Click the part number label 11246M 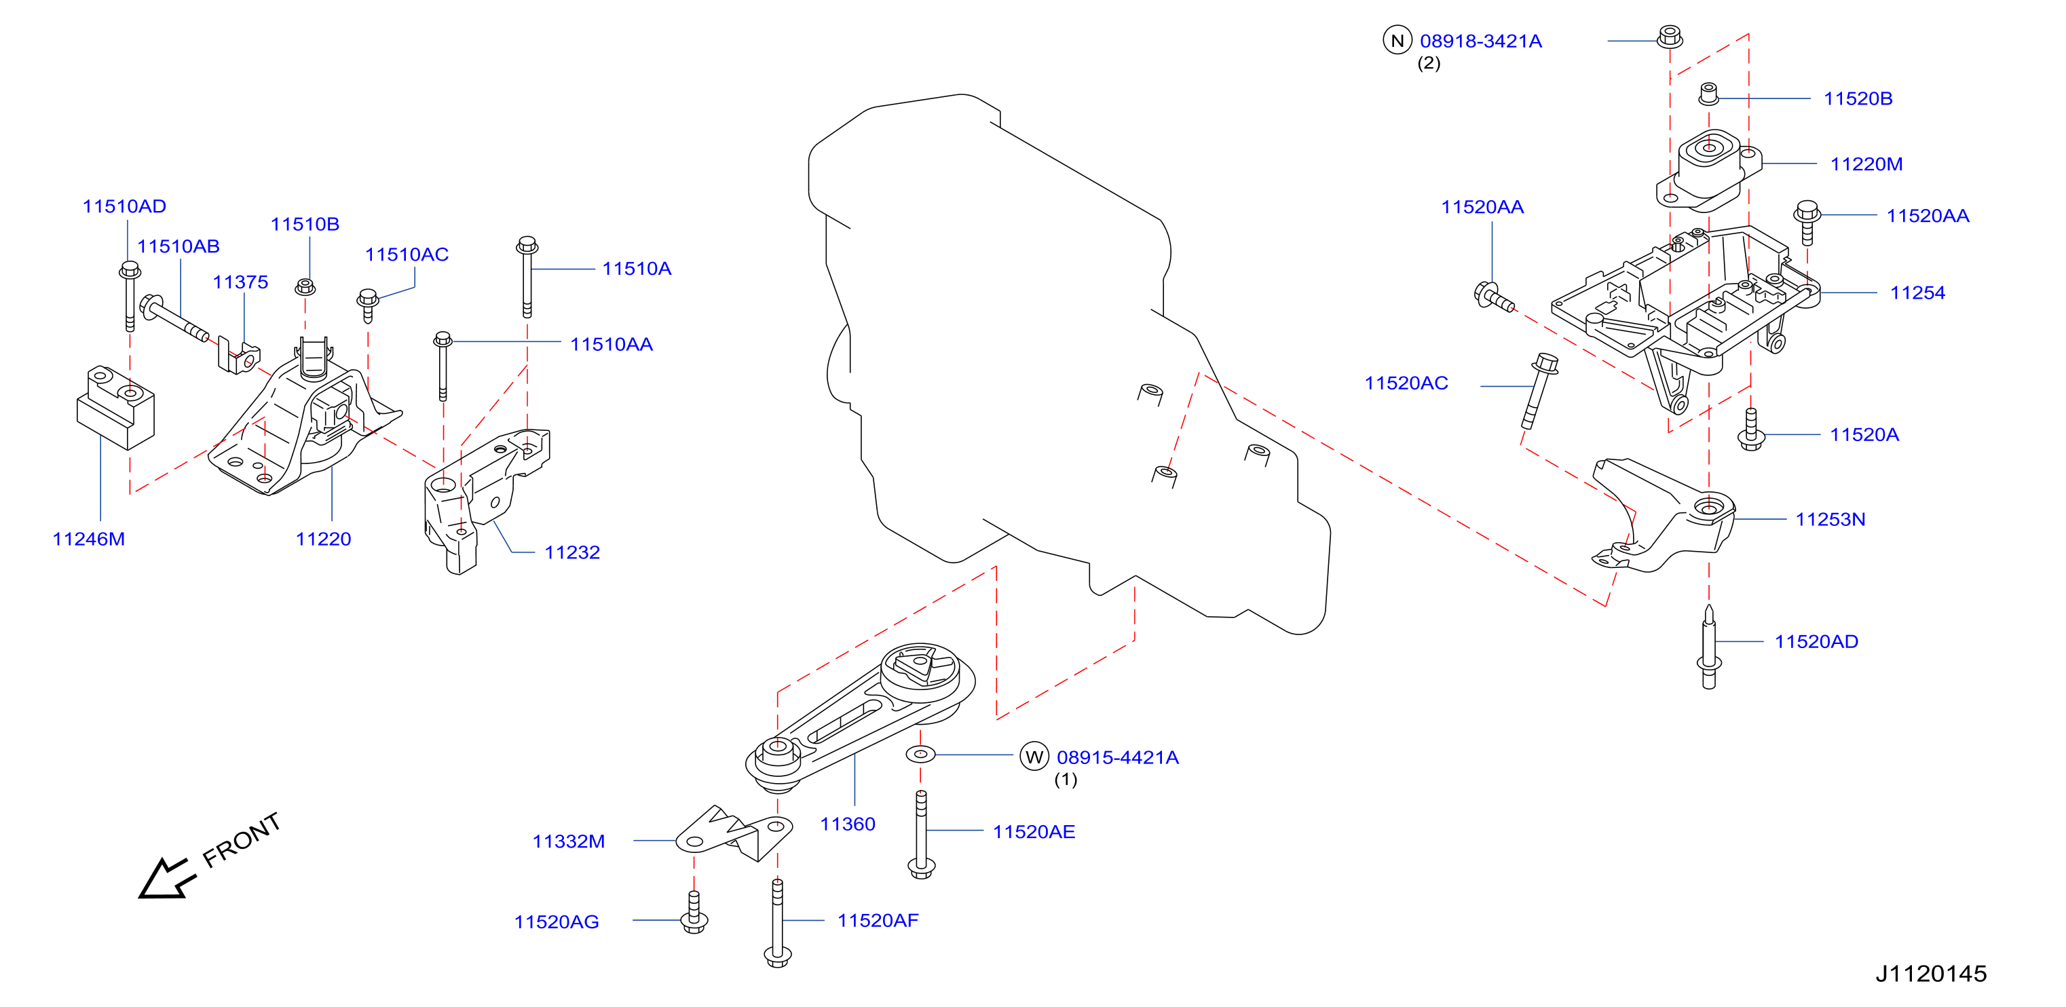[x=88, y=539]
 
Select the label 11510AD [x=124, y=206]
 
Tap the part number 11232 [x=572, y=552]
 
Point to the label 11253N [x=1830, y=520]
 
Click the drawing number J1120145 [x=1930, y=973]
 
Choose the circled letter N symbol [x=1397, y=40]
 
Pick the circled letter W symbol [x=1034, y=756]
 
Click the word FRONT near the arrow [x=242, y=839]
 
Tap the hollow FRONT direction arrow [x=166, y=879]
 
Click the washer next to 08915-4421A [x=921, y=754]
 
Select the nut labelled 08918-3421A [x=1670, y=37]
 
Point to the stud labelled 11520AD [x=1709, y=648]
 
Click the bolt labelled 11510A [x=527, y=277]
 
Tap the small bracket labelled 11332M [x=734, y=834]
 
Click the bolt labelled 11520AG [x=694, y=913]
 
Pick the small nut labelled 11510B [x=305, y=286]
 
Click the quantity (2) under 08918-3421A [x=1429, y=63]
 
